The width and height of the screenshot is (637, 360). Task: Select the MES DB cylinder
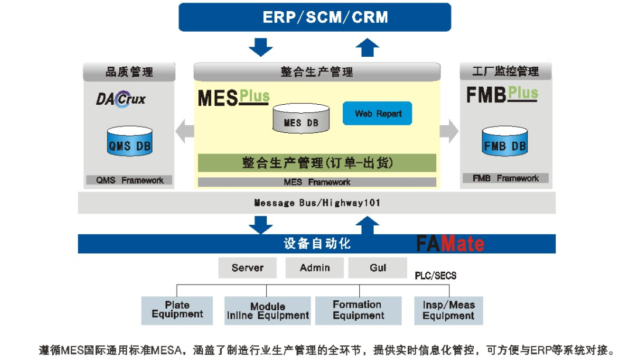301,119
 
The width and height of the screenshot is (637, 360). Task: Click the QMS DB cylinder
129,142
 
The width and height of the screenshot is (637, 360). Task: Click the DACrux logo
120,100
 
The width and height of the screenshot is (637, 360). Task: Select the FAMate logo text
450,243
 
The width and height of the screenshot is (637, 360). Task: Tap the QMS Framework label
129,180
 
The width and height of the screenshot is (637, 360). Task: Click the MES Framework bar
316,182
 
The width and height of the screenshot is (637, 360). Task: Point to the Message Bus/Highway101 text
316,203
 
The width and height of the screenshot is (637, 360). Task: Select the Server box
247,268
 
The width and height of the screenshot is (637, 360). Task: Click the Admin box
315,268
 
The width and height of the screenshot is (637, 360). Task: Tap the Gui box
378,268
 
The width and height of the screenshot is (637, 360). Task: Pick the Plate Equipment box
177,310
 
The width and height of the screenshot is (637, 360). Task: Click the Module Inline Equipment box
267,311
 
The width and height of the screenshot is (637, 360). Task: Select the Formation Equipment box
358,310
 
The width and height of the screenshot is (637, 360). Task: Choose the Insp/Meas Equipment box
448,310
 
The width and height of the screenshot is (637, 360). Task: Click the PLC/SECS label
435,275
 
